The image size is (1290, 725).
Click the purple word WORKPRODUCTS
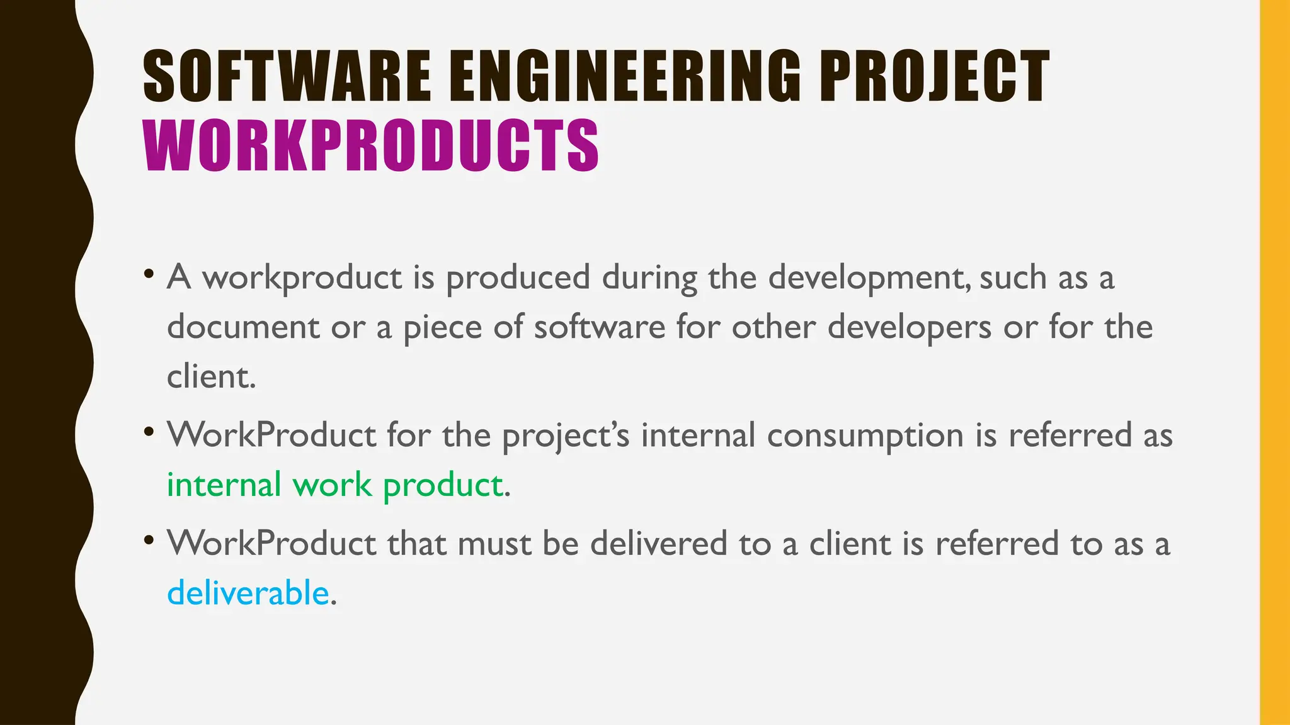coord(371,146)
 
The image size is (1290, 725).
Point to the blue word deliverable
coord(248,593)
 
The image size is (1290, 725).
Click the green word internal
coord(224,485)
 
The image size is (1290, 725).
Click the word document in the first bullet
coord(243,327)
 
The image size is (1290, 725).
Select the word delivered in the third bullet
coord(658,544)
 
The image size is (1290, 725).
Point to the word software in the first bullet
coord(599,327)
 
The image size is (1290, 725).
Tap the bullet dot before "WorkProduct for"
coord(149,432)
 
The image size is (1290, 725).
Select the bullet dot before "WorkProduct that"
coord(149,541)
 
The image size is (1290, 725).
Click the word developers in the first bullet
coord(910,327)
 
